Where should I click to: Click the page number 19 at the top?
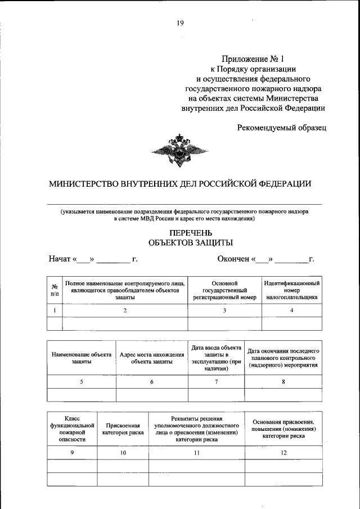coord(180,23)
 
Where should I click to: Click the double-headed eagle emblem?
coord(180,151)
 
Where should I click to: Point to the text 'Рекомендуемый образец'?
coord(281,127)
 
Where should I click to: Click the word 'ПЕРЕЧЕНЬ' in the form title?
coord(190,232)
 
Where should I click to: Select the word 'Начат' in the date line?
coord(59,259)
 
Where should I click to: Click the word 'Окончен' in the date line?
coord(233,259)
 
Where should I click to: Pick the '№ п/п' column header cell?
coord(55,290)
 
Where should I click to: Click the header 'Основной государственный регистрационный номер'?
coord(224,290)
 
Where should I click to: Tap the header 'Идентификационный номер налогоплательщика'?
coord(292,290)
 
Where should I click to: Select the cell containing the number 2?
coord(125,310)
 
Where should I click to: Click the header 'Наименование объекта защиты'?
coord(82,358)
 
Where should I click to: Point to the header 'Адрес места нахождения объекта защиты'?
coord(152,358)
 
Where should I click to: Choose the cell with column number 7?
coord(216,382)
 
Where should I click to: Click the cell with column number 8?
coord(283,382)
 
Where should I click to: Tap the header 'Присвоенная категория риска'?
coord(122,430)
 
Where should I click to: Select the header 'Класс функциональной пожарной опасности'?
coord(72,430)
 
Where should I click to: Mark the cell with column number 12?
coord(283,453)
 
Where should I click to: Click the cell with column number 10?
coord(122,453)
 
